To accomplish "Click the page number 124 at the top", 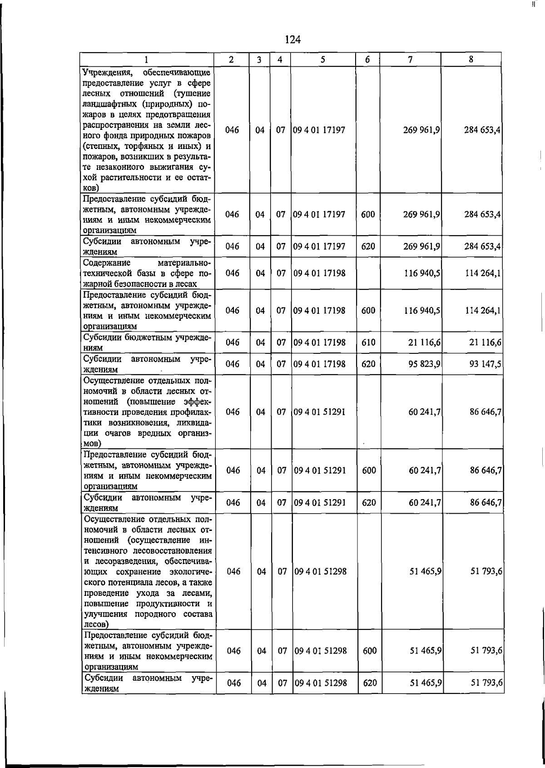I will [292, 40].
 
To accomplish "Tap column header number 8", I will [471, 59].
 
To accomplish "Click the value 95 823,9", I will [424, 364].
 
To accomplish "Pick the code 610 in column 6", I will [368, 342].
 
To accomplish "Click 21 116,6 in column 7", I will [424, 342].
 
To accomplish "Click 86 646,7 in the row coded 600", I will [486, 471].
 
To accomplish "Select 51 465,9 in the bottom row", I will [426, 683].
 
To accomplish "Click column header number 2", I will [231, 59].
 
